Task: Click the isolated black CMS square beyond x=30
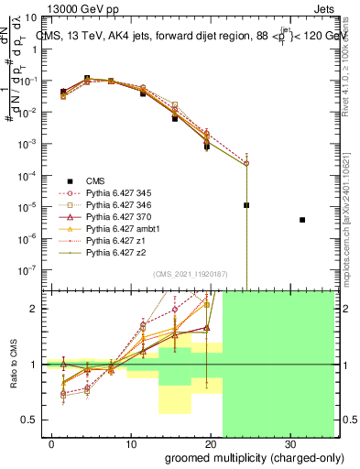302,245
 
